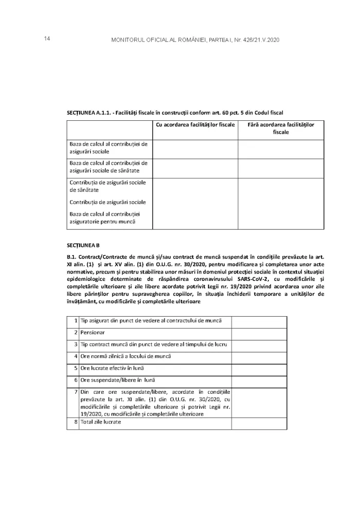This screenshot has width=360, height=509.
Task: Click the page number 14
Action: (x=46, y=39)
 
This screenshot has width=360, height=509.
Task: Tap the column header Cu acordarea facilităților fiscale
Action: (x=195, y=125)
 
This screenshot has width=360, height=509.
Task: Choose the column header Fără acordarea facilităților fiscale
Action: (x=280, y=129)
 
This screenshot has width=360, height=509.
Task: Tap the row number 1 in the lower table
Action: (x=75, y=321)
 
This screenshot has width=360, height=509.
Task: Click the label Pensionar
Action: (x=93, y=333)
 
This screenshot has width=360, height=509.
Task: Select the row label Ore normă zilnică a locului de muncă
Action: (x=125, y=356)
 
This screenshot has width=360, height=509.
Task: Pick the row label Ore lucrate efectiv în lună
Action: (x=112, y=369)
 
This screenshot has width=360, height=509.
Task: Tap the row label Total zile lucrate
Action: (x=101, y=422)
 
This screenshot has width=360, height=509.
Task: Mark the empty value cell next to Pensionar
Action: (x=259, y=333)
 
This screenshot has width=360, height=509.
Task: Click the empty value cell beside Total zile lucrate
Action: (x=259, y=423)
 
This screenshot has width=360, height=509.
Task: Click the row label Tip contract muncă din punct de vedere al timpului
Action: (x=154, y=344)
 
